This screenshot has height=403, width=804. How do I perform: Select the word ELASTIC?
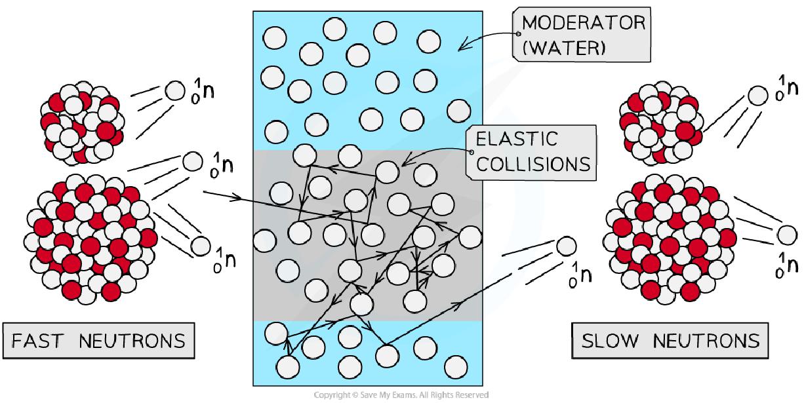(517, 139)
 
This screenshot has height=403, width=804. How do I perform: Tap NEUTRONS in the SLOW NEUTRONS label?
(708, 341)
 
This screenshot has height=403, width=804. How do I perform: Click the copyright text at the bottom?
(401, 395)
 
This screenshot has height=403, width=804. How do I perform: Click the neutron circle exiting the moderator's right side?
(566, 247)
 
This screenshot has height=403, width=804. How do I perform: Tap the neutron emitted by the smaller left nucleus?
(174, 90)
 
